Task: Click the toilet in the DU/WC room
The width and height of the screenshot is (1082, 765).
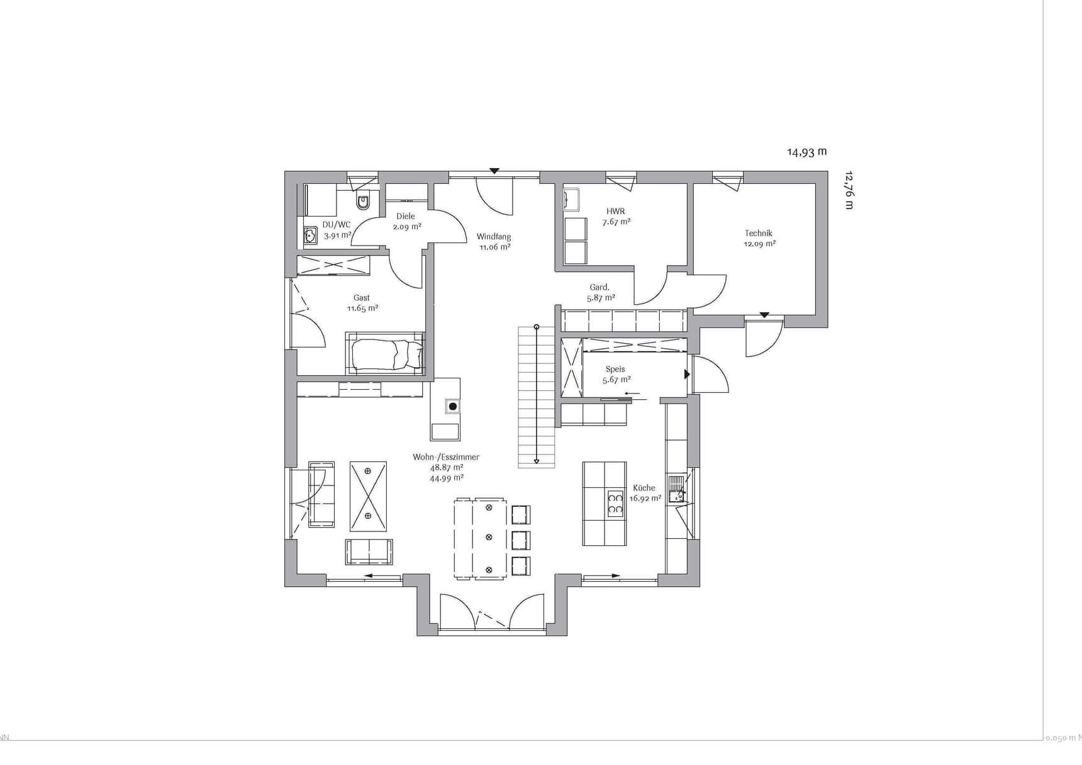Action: [x=363, y=201]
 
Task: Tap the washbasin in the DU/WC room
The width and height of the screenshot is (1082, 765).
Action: [x=310, y=235]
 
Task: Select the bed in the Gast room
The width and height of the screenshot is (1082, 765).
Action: [x=386, y=354]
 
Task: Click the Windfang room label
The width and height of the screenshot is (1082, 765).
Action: [x=494, y=237]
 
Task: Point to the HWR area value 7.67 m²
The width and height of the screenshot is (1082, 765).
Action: [x=616, y=222]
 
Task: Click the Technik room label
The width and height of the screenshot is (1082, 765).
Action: [x=759, y=233]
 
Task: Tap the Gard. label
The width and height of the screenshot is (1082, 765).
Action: [x=600, y=287]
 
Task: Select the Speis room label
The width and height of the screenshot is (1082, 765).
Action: [x=615, y=369]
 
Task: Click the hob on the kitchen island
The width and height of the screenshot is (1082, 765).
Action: [x=615, y=503]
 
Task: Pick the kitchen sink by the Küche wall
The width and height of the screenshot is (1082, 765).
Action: [x=676, y=489]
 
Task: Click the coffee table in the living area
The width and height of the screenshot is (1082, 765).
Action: [x=368, y=496]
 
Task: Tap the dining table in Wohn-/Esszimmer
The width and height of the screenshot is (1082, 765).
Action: [x=481, y=538]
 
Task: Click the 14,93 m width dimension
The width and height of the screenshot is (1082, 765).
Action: [x=807, y=152]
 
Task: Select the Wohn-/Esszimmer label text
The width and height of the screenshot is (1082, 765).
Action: [x=446, y=457]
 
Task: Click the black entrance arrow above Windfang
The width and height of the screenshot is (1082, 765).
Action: [x=494, y=171]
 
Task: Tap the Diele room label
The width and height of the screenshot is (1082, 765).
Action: [x=406, y=216]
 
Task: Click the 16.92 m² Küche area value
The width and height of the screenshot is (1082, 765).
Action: [x=645, y=498]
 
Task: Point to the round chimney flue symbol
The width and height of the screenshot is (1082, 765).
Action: [x=452, y=407]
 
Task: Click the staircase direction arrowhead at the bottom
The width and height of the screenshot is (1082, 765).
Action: [x=537, y=462]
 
